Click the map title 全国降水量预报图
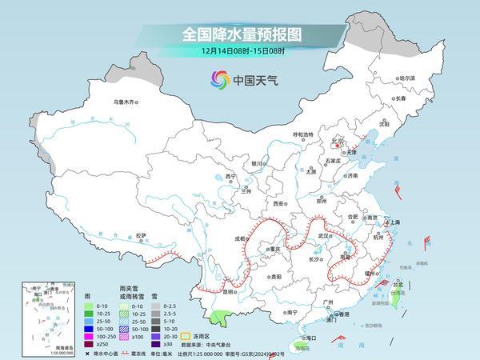(x=240, y=34)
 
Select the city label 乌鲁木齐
(x=126, y=102)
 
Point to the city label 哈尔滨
(x=407, y=78)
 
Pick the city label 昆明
(x=229, y=292)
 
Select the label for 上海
(x=392, y=222)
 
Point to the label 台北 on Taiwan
(x=398, y=284)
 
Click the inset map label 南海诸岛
(x=33, y=347)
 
